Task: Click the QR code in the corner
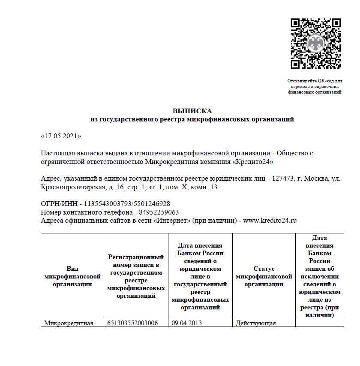(x=315, y=43)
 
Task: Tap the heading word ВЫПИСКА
(x=192, y=111)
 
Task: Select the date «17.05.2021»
(x=60, y=136)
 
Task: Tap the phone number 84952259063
(x=157, y=212)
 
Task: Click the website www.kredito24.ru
(x=270, y=221)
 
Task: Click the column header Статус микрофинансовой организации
(x=264, y=276)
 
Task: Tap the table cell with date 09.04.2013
(x=186, y=323)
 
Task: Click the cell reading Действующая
(x=256, y=323)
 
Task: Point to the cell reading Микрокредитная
(x=69, y=323)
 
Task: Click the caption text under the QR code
(x=315, y=86)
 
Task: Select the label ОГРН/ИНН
(x=58, y=204)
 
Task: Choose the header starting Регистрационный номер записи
(x=136, y=276)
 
